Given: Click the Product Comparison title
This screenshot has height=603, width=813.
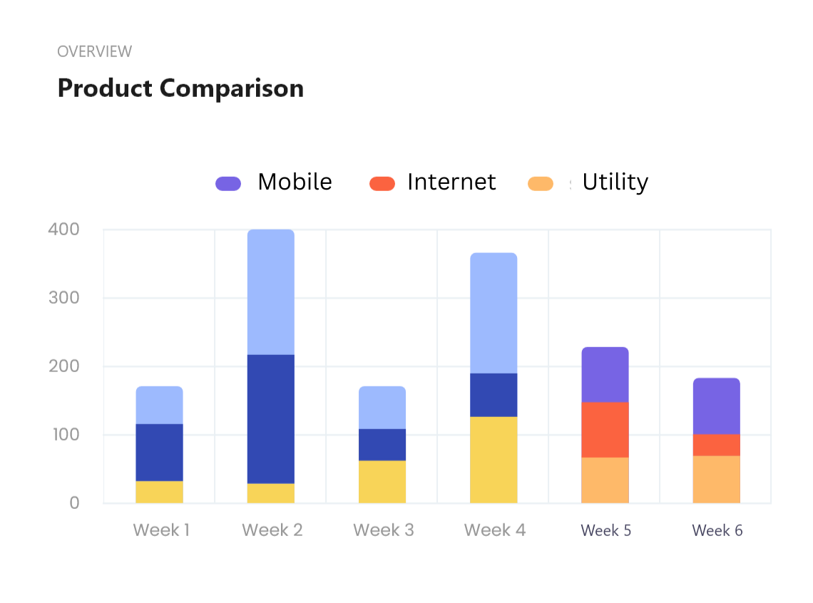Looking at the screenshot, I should pos(180,88).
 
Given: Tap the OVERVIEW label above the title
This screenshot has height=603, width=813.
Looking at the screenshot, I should pos(94,51).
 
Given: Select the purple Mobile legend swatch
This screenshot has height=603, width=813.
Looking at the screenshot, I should pos(228,183).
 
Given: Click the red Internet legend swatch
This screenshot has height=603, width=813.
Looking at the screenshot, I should pos(382,183).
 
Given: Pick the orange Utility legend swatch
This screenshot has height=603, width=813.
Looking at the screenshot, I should pos(541,183).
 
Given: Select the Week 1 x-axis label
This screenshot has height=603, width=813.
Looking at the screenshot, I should pos(161,530).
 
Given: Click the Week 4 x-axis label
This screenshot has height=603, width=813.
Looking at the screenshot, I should pos(494,530).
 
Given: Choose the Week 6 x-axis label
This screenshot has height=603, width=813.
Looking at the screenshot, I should pos(717,530).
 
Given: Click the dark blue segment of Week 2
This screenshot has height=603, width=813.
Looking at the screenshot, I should pos(271,418).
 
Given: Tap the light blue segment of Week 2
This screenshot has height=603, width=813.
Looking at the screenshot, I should pos(271,292).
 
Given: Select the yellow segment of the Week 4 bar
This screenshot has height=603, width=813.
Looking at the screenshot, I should pos(494,460).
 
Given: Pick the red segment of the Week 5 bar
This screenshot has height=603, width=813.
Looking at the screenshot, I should pos(605,430).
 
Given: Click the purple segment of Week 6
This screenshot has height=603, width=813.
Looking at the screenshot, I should pos(716,406).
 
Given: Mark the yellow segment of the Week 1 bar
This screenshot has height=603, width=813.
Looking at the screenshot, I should pos(160,492).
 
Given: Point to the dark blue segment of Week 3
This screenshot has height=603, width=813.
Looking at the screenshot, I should pos(382,445).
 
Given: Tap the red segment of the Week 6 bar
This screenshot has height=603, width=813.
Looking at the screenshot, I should pos(716,445).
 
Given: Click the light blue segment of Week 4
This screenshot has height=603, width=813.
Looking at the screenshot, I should pos(494,313).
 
